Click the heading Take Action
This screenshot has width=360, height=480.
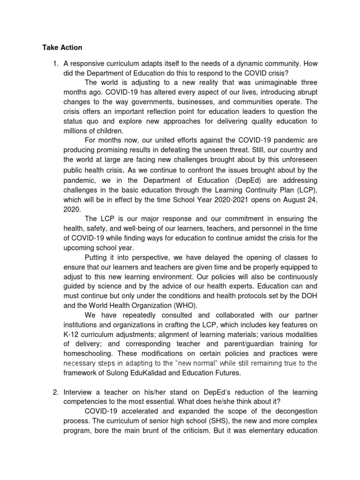[x=62, y=47]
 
